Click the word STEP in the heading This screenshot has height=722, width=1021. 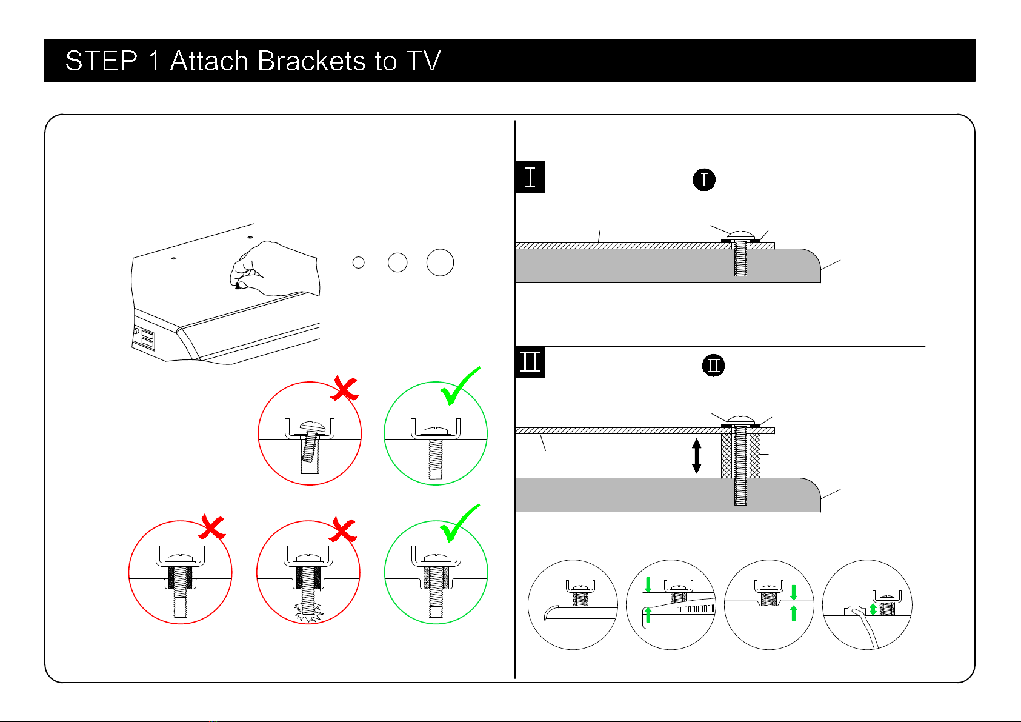pos(101,61)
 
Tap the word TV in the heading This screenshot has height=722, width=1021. pos(423,61)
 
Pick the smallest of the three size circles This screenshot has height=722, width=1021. pos(359,262)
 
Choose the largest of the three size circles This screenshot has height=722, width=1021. pos(440,262)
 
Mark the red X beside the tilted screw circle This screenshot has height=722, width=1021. pos(344,389)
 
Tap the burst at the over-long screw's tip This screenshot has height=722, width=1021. pos(308,613)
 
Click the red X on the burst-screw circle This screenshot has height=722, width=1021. pos(344,529)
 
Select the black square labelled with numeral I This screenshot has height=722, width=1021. pos(530,177)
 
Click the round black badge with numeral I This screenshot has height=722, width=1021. pos(704,180)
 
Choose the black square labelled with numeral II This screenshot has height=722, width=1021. pos(530,362)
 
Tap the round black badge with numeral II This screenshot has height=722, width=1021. pos(714,366)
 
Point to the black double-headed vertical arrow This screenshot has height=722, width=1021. pos(697,456)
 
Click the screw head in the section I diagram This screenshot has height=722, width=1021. pos(740,235)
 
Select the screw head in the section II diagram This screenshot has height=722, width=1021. pos(740,419)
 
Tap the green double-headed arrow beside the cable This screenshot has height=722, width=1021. pos(873,609)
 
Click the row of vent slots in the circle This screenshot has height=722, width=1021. pos(695,609)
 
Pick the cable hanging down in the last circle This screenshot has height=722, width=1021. pos(866,630)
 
